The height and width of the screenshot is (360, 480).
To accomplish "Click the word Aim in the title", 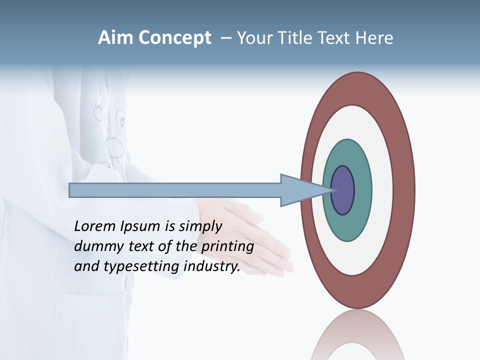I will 114,38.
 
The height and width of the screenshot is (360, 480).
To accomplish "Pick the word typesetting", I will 142,267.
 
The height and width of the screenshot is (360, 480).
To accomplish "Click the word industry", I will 212,266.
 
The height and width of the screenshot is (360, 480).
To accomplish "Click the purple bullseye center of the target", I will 343,190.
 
